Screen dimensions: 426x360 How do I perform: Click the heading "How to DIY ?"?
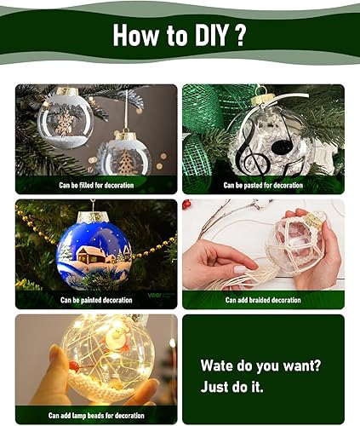point(180,36)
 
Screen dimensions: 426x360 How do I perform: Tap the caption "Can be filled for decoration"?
point(96,184)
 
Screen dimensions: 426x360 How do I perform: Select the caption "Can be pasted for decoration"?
point(263,184)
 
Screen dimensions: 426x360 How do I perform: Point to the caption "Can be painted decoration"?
point(96,300)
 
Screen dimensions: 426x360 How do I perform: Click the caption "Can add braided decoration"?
point(263,300)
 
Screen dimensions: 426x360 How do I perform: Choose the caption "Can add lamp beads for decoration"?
point(96,416)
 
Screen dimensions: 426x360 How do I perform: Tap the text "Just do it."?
point(233,386)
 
